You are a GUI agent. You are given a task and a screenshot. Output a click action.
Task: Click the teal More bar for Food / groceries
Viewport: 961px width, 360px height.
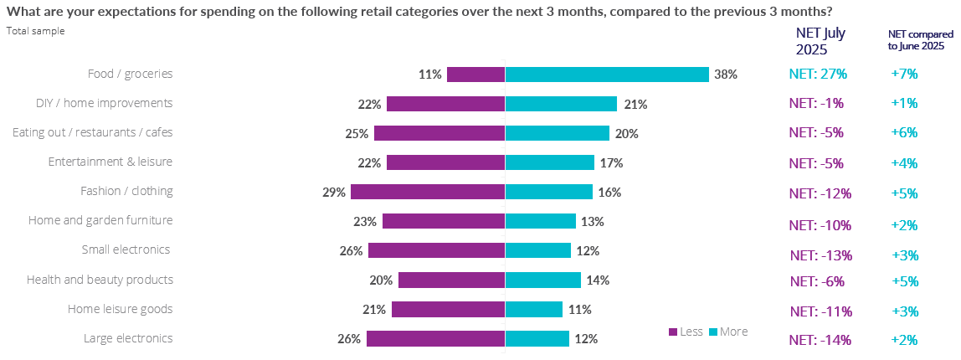pyautogui.click(x=607, y=75)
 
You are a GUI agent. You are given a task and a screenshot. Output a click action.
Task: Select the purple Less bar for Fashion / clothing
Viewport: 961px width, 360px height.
pyautogui.click(x=428, y=192)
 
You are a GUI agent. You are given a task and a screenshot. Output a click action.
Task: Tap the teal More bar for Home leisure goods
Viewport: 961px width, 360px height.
pyautogui.click(x=533, y=310)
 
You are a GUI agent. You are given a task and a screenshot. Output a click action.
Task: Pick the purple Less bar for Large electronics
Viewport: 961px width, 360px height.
pyautogui.click(x=435, y=339)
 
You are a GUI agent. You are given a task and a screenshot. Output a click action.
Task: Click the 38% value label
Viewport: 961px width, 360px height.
pyautogui.click(x=726, y=75)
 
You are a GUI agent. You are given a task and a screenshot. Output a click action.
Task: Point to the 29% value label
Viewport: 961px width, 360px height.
pyautogui.click(x=334, y=193)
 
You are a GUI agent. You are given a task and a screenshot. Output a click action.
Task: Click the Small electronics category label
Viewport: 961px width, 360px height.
pyautogui.click(x=126, y=249)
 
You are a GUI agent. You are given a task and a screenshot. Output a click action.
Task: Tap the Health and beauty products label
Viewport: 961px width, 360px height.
pyautogui.click(x=100, y=280)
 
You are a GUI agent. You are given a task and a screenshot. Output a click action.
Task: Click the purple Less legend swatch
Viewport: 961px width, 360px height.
pyautogui.click(x=673, y=332)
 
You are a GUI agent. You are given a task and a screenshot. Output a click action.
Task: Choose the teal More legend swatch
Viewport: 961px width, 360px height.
pyautogui.click(x=714, y=332)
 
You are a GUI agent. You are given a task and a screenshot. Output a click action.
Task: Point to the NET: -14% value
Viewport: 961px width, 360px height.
pyautogui.click(x=820, y=340)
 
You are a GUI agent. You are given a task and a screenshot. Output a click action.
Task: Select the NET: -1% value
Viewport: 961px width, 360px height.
pyautogui.click(x=816, y=104)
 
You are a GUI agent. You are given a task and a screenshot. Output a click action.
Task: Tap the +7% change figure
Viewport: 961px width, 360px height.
pyautogui.click(x=905, y=74)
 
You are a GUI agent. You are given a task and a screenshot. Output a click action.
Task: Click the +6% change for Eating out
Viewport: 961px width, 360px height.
pyautogui.click(x=905, y=132)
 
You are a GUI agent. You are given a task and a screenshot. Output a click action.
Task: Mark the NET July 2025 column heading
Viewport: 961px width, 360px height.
pyautogui.click(x=820, y=41)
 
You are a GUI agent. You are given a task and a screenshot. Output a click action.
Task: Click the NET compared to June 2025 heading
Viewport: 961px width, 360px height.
pyautogui.click(x=921, y=40)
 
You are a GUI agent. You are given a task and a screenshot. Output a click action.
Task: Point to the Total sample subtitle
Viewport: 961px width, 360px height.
pyautogui.click(x=35, y=31)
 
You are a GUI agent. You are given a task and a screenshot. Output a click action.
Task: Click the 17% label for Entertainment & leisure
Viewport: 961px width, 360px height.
pyautogui.click(x=611, y=162)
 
